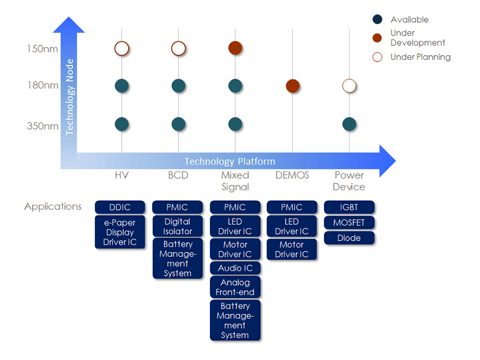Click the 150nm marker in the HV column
(x=122, y=49)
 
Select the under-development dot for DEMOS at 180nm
(x=293, y=86)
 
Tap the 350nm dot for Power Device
(x=349, y=124)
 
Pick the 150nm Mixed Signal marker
(x=235, y=48)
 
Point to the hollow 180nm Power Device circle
(x=349, y=86)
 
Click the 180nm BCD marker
(x=178, y=86)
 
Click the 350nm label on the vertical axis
(x=43, y=127)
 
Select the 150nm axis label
(x=43, y=49)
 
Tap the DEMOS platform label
(x=292, y=175)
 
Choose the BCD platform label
(x=178, y=175)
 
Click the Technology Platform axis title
(x=230, y=161)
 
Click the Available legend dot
(x=377, y=20)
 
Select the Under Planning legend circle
(x=377, y=57)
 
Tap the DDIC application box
(x=120, y=207)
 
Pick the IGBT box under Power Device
(x=349, y=207)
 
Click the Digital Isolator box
(x=178, y=226)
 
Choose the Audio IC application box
(x=235, y=268)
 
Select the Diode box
(x=349, y=238)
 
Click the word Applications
(x=53, y=206)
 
